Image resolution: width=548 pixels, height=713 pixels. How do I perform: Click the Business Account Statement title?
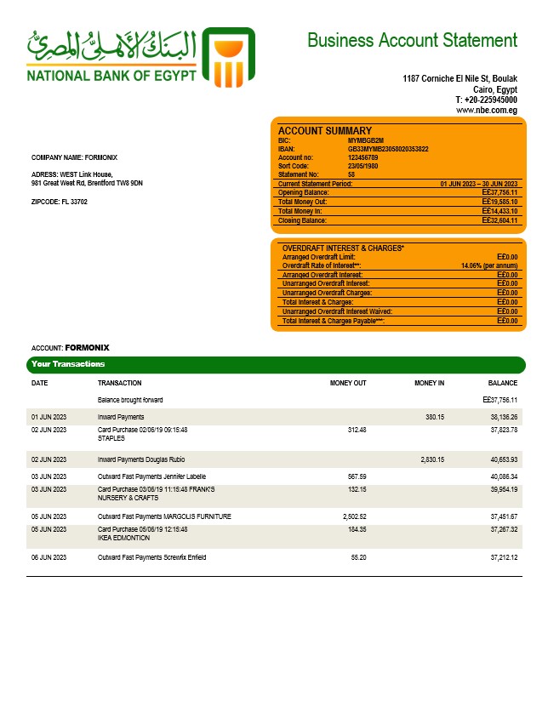412,40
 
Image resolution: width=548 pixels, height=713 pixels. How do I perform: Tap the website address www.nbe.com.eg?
487,110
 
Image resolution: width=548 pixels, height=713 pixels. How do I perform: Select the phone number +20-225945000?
489,100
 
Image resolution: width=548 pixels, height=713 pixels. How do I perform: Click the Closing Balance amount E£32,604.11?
499,220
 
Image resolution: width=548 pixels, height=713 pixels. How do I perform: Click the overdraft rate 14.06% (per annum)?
489,265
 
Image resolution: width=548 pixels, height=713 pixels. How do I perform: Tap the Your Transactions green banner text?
68,364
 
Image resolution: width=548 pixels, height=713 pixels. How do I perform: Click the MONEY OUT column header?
348,383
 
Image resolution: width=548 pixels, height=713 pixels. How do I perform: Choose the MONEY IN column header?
429,383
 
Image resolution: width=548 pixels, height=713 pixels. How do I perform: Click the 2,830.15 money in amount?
432,459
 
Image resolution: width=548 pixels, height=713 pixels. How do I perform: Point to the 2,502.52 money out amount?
351,516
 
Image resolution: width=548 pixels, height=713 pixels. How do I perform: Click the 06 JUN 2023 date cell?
49,557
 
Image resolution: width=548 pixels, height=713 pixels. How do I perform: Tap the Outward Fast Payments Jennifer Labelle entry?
151,476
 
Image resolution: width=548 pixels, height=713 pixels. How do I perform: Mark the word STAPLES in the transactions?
111,438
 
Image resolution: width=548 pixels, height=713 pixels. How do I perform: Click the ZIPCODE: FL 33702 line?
60,202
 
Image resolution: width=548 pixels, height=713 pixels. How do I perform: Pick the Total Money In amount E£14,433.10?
499,211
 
